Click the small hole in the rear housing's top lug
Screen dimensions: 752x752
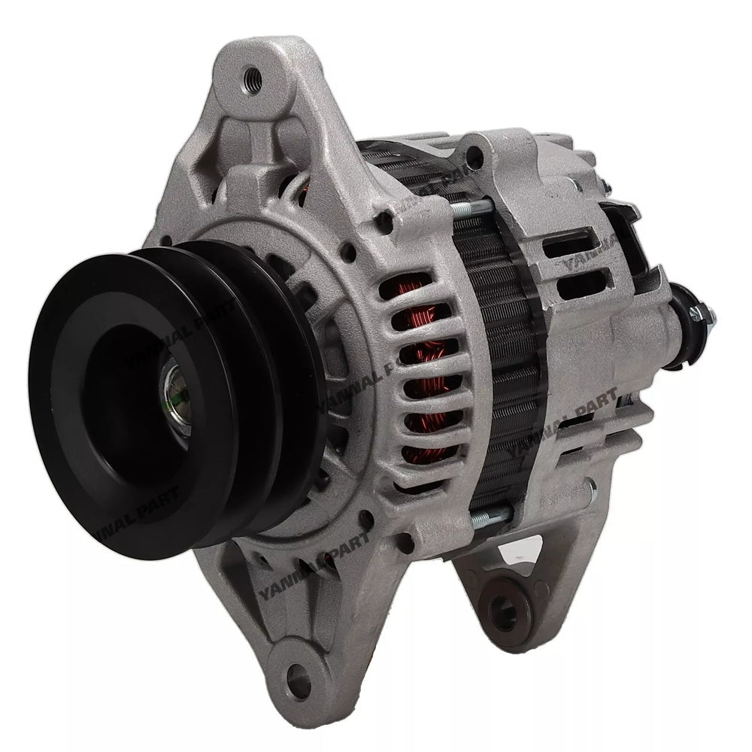point(473,157)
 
